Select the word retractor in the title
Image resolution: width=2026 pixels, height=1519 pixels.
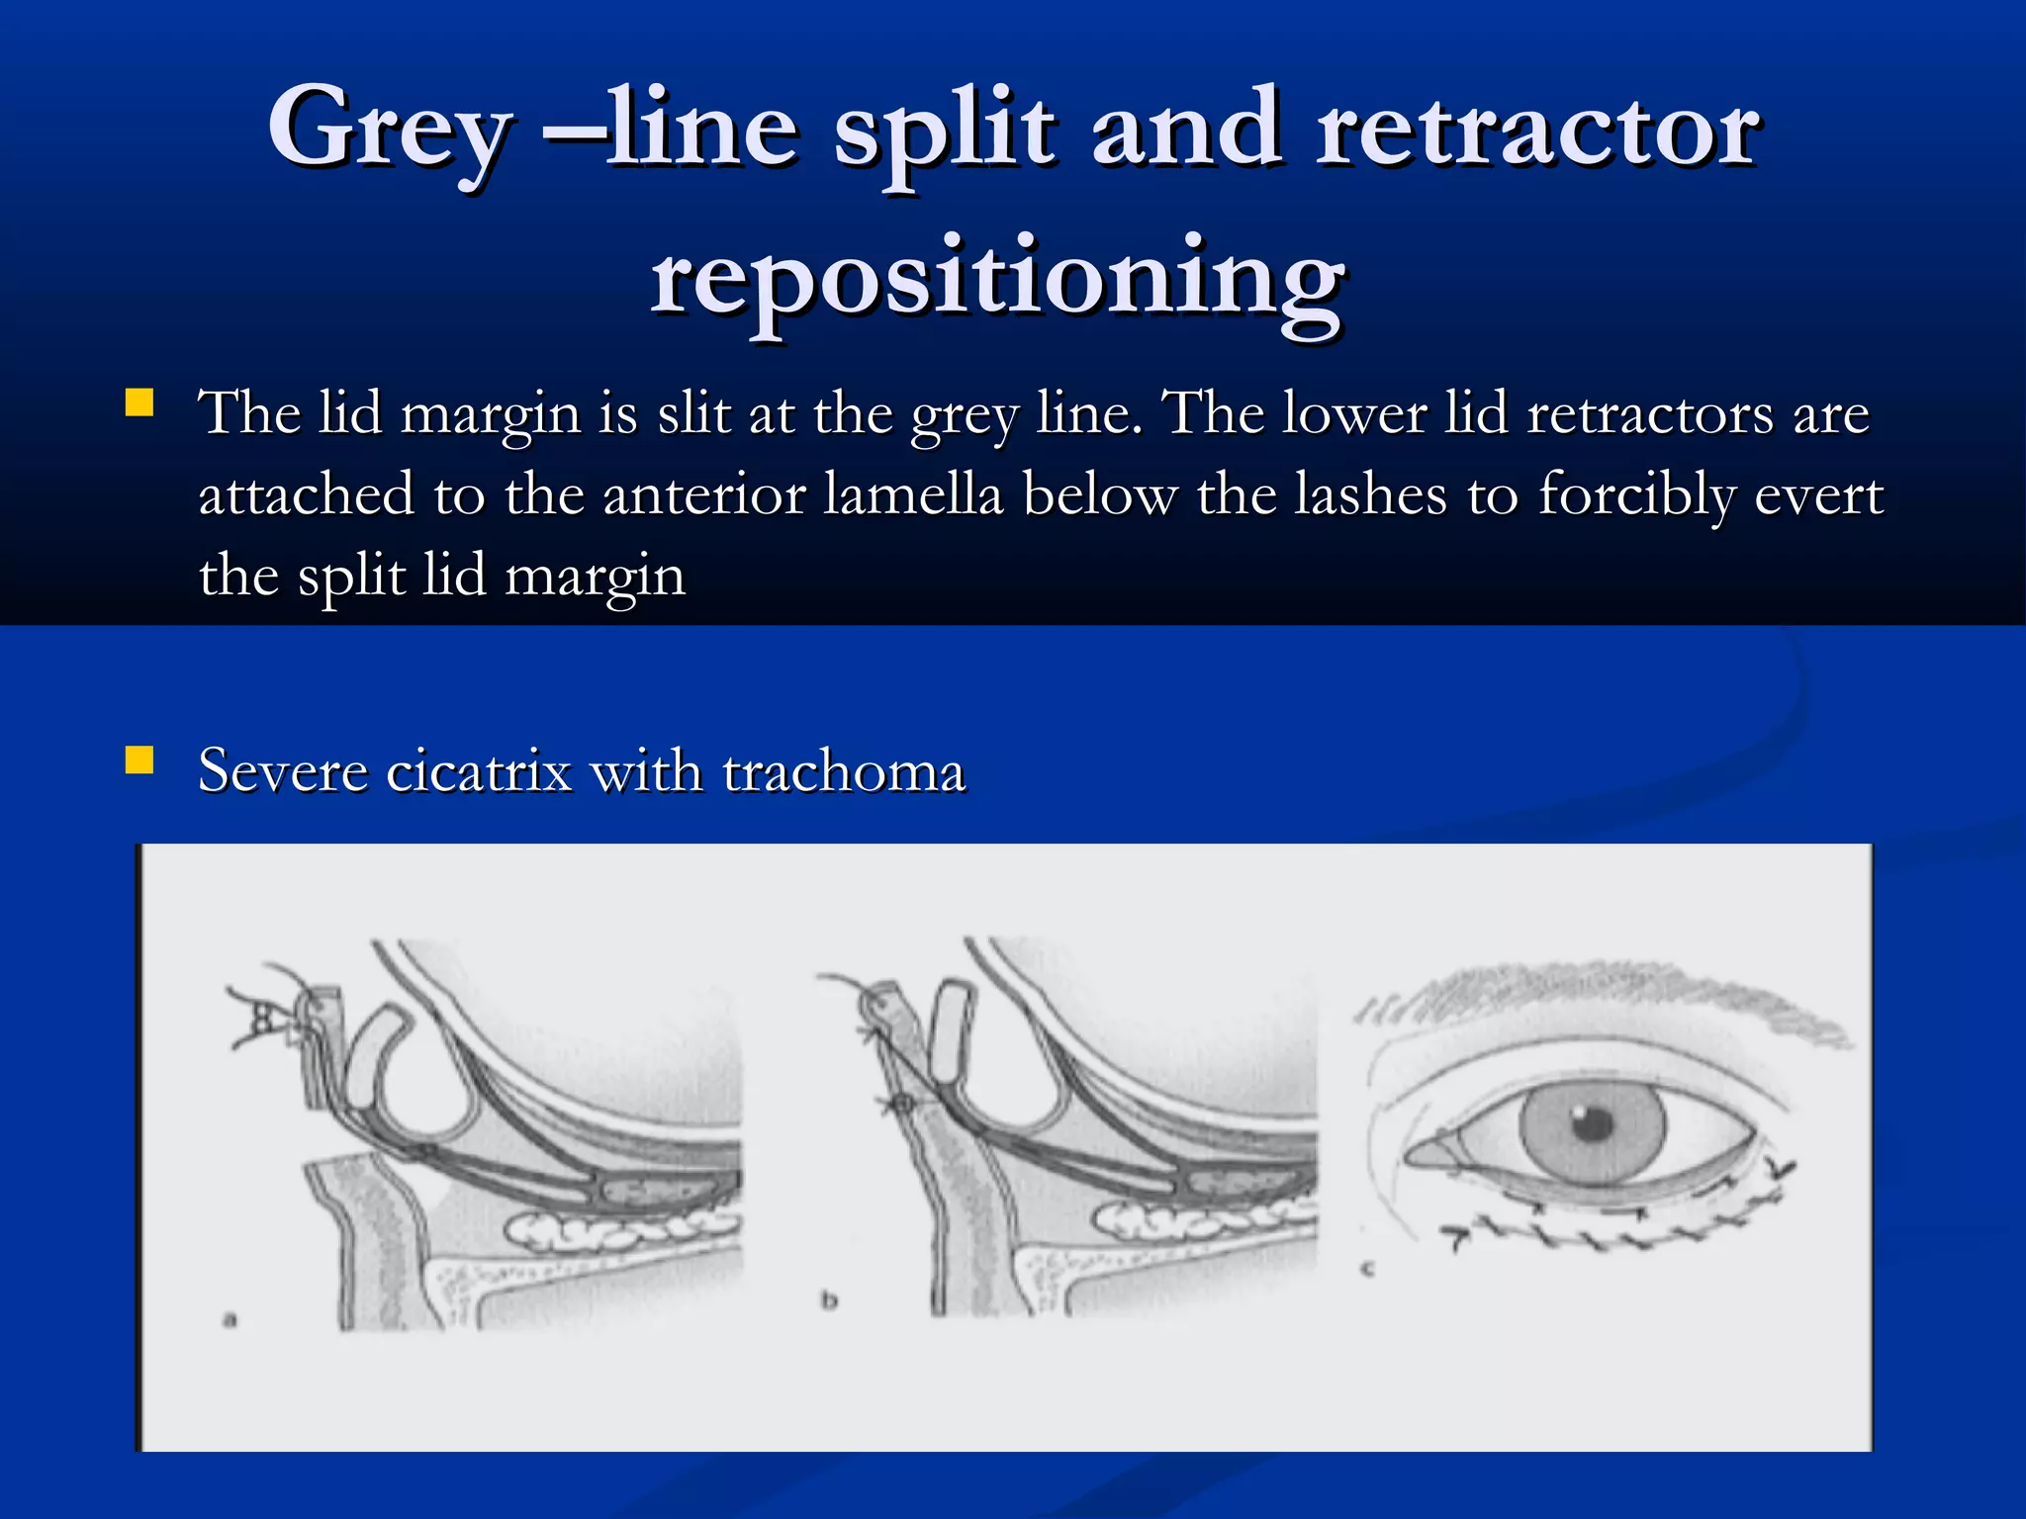1537,129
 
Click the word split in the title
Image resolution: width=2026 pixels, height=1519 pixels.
945,129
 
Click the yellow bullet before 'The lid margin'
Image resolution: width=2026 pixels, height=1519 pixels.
139,403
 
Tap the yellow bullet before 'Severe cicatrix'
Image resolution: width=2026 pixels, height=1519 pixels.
139,760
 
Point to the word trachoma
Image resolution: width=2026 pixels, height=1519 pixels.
843,771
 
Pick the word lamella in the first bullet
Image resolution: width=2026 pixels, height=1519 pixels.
912,494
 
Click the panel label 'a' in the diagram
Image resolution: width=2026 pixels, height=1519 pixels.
230,1319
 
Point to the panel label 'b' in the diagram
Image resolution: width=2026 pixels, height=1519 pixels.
829,1299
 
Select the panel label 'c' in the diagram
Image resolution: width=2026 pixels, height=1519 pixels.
1368,1268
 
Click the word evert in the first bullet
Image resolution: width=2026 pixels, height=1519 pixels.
1818,494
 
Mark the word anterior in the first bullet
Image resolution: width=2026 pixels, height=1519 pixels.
704,494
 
